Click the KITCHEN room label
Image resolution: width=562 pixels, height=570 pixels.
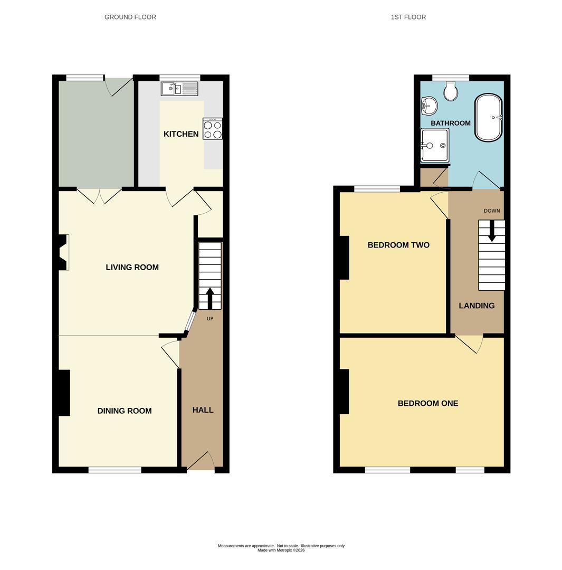coord(181,134)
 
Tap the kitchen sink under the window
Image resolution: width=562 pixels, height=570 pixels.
coord(179,89)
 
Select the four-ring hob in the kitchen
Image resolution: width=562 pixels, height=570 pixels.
coord(213,129)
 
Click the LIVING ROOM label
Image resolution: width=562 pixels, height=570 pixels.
coord(132,267)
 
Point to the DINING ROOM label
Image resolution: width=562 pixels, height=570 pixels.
coord(125,411)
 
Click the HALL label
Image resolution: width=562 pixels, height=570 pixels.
coord(203,410)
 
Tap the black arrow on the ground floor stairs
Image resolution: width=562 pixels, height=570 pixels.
coord(209,298)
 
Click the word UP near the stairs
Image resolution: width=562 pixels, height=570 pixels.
coord(209,318)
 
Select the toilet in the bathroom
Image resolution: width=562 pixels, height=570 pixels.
coord(451,91)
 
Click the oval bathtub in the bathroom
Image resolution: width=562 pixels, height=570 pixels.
coord(489,118)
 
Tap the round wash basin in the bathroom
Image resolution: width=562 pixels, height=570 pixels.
coord(429,106)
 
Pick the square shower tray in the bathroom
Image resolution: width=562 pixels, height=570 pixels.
coord(435,146)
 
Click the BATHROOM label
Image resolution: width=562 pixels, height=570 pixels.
coord(451,123)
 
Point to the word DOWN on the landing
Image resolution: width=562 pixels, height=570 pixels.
coord(492,211)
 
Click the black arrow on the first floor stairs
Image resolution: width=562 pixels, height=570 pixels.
coord(492,231)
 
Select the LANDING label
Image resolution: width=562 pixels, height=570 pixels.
coord(477,306)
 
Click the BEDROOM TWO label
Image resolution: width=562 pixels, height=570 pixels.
coord(398,245)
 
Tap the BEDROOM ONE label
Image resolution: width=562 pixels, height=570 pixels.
coord(428,403)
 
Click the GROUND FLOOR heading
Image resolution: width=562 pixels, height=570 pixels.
coord(130,17)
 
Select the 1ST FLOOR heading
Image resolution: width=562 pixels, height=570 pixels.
coord(408,17)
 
